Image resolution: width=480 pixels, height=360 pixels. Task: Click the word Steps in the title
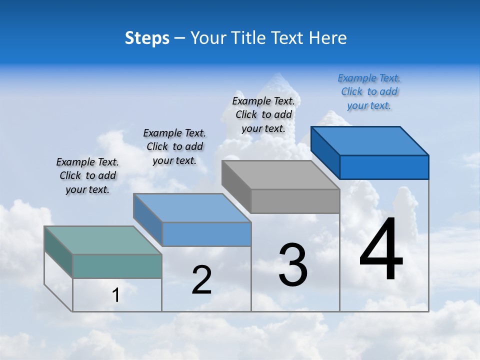(x=147, y=38)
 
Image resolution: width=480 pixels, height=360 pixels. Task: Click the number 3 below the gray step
(x=293, y=265)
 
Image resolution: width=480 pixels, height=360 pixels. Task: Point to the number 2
(x=201, y=280)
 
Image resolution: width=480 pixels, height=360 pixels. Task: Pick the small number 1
(x=116, y=295)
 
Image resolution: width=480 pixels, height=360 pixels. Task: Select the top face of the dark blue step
(x=370, y=140)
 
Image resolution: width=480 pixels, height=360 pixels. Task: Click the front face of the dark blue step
(x=384, y=167)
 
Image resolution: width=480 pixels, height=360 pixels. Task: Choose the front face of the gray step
(x=295, y=201)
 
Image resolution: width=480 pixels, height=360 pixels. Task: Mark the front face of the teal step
(x=117, y=266)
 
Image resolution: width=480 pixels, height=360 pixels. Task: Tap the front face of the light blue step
(x=206, y=234)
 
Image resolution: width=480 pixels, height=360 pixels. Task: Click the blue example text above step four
(x=369, y=91)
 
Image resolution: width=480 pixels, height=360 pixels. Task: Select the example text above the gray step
(x=263, y=114)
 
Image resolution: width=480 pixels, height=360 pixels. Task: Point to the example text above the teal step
(x=87, y=175)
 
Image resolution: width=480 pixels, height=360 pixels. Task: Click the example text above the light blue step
(x=174, y=146)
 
